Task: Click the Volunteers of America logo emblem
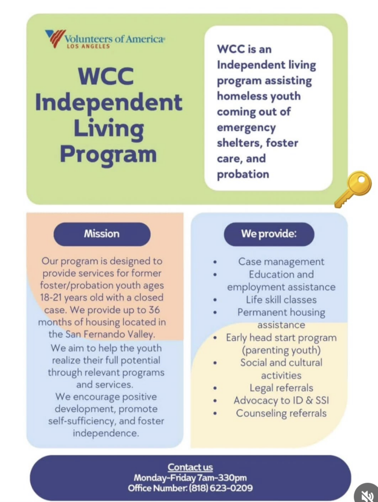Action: tap(55, 38)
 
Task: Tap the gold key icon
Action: tap(353, 189)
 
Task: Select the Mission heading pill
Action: tap(101, 234)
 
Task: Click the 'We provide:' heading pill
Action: tap(269, 234)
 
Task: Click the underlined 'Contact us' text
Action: tap(190, 467)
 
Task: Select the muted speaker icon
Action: tap(367, 494)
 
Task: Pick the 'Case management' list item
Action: tap(281, 262)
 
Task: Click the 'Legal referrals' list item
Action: tap(281, 388)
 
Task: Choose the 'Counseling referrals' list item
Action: tap(281, 413)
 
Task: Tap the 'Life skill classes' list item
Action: tap(281, 300)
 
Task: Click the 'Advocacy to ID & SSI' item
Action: tap(281, 401)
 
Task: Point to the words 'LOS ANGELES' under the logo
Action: tap(88, 47)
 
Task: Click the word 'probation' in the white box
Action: tap(243, 174)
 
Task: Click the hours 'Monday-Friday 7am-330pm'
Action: tap(190, 478)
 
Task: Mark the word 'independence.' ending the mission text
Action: tap(106, 433)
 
